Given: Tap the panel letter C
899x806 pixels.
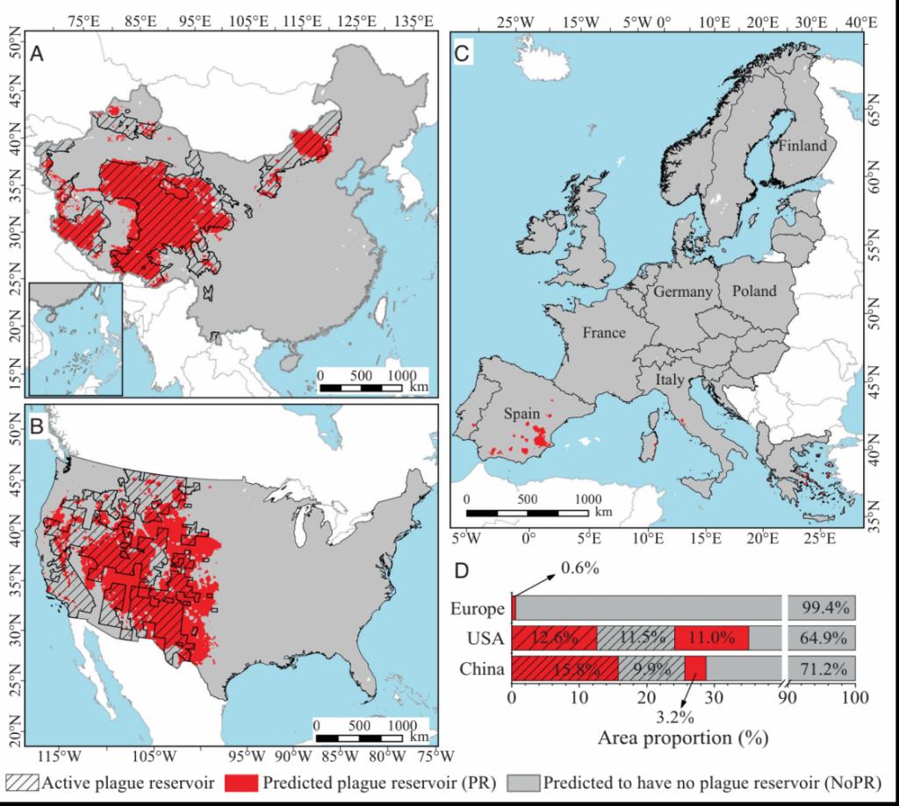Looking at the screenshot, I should point(464,54).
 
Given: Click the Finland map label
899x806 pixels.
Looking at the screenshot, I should point(800,146).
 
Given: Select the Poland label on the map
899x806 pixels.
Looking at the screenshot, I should point(754,291).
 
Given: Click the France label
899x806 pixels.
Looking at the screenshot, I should point(603,334).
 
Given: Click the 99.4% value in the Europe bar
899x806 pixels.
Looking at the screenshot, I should point(821,608).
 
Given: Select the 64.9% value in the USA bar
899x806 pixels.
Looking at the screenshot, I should point(821,638).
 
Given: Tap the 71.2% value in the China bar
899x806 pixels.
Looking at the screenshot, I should point(821,669).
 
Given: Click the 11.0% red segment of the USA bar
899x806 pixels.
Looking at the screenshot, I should point(711,638).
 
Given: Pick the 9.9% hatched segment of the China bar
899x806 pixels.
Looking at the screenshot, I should point(651,669).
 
